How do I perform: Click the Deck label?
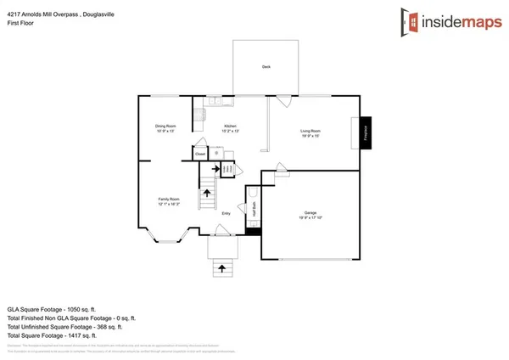265,65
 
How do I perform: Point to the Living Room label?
310,132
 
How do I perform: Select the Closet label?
199,155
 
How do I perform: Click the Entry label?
227,213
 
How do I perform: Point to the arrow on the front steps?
222,267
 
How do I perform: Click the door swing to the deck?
283,101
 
